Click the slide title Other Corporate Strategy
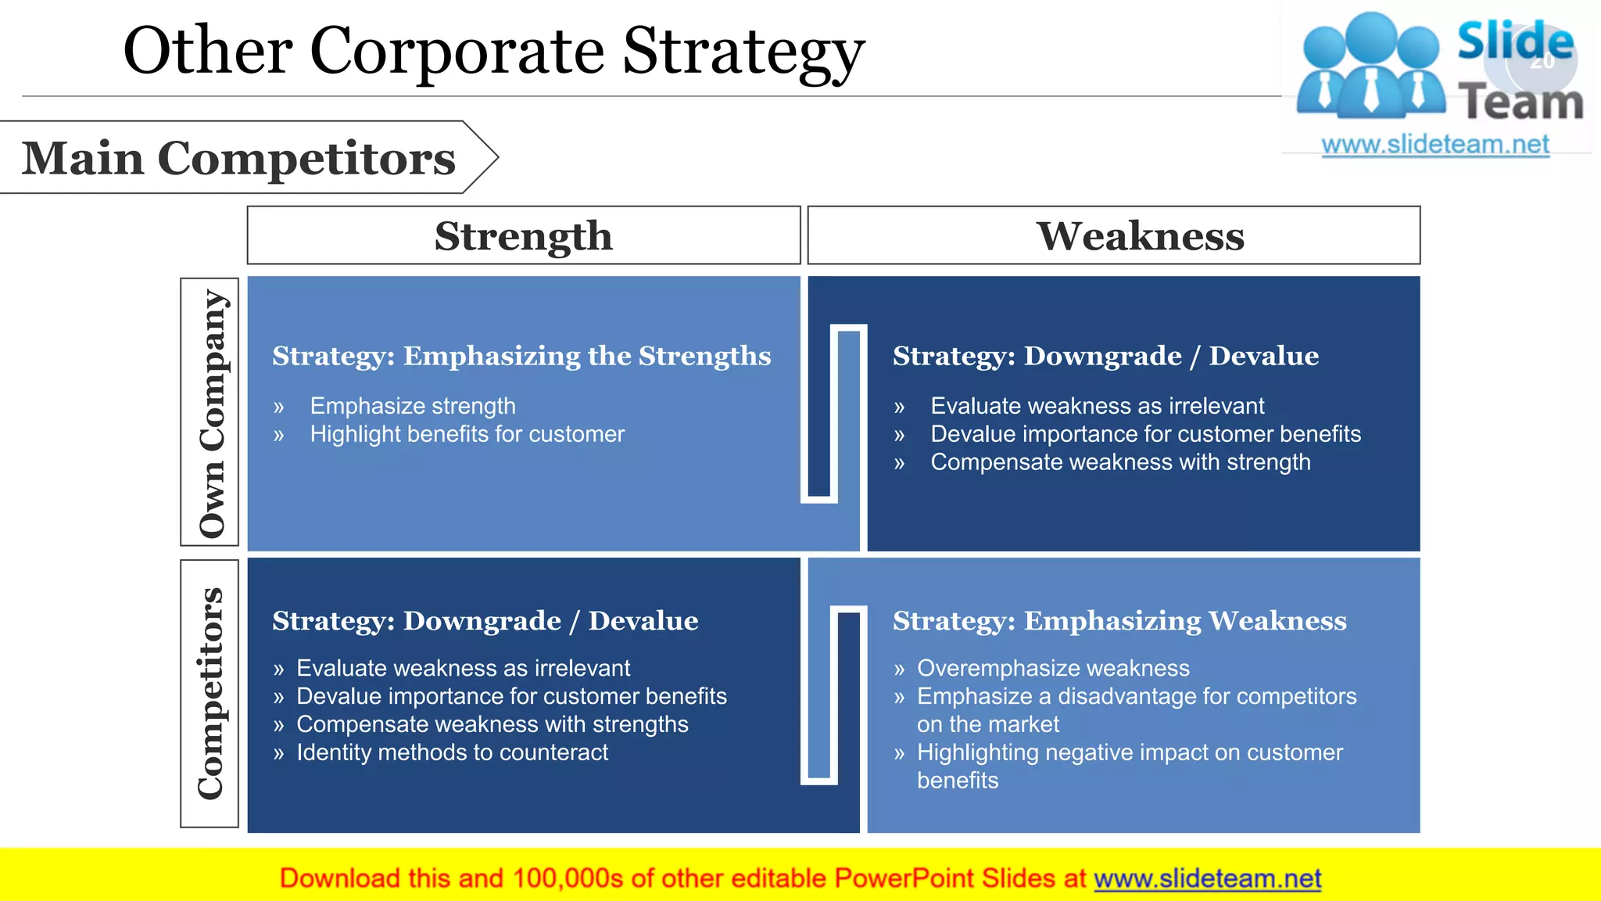point(493,51)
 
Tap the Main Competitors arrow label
point(238,158)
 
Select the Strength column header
point(523,235)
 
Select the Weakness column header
point(1140,235)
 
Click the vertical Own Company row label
point(210,412)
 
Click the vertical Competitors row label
point(210,694)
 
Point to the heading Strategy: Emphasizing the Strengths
point(521,356)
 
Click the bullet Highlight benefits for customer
point(467,434)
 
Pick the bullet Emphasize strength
point(412,406)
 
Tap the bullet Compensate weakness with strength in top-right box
point(1119,462)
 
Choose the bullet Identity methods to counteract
point(452,752)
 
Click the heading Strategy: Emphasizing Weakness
point(1119,621)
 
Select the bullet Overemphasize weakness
point(1053,668)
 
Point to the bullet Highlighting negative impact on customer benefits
point(1129,754)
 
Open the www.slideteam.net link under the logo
point(1435,145)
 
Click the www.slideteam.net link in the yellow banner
point(1207,878)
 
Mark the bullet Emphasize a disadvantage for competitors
point(1136,696)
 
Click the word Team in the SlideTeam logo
point(1520,102)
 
